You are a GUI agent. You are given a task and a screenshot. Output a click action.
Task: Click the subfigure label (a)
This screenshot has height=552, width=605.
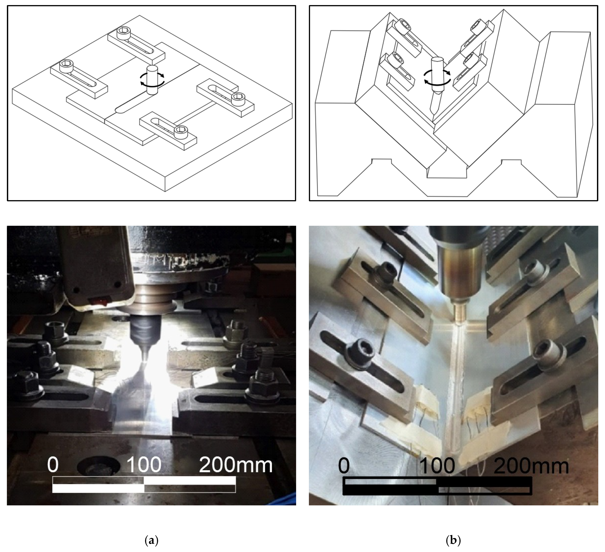pyautogui.click(x=151, y=540)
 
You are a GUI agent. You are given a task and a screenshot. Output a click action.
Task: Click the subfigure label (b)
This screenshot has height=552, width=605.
pyautogui.click(x=453, y=540)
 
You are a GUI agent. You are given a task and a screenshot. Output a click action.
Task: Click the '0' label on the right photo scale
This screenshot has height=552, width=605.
pyautogui.click(x=344, y=466)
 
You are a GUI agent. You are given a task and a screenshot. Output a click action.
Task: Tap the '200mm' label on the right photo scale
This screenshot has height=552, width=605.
pyautogui.click(x=531, y=466)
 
